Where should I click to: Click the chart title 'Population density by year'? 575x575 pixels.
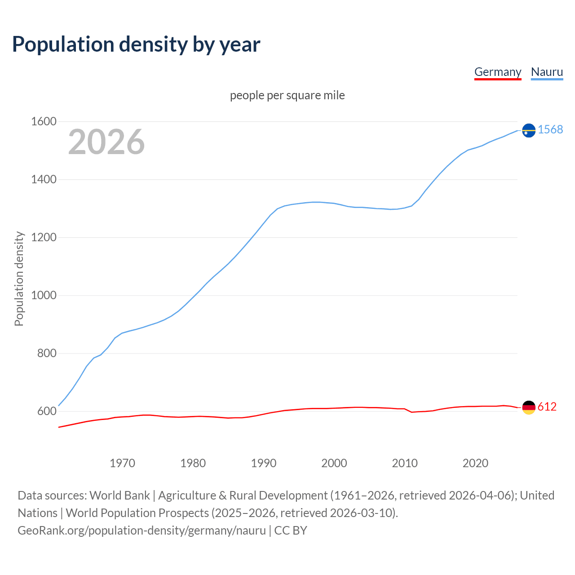(x=136, y=44)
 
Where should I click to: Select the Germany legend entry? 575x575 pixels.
(x=498, y=72)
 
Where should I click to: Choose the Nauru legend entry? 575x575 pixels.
(x=547, y=72)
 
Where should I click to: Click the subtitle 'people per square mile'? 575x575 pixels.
(x=287, y=95)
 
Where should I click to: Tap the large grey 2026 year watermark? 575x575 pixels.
(x=106, y=142)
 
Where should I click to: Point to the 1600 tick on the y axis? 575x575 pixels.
(x=44, y=122)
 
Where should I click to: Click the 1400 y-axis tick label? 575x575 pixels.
(x=44, y=180)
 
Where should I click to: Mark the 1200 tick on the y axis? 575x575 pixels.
(x=44, y=238)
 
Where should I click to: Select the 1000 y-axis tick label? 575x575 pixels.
(x=44, y=296)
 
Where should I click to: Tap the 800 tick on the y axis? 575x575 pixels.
(x=47, y=354)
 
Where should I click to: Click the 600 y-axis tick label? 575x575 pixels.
(x=47, y=411)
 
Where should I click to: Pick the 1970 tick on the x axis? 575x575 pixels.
(x=122, y=463)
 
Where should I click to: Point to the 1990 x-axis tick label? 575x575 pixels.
(x=264, y=463)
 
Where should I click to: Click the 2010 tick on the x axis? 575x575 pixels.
(x=405, y=463)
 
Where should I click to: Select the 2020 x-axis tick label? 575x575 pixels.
(x=475, y=463)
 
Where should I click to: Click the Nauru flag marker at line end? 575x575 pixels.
(x=529, y=130)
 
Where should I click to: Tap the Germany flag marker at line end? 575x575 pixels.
(x=529, y=407)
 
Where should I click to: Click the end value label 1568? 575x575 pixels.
(x=550, y=130)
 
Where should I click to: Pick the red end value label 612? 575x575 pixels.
(x=547, y=407)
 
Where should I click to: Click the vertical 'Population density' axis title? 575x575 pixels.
(x=19, y=279)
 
